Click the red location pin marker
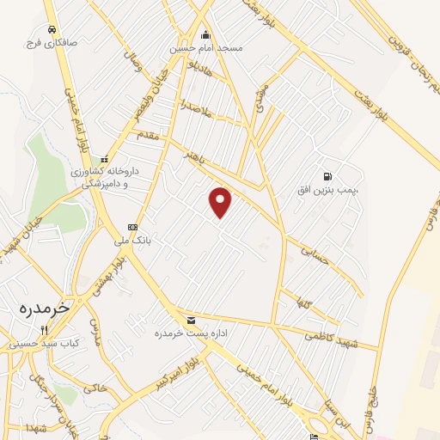click(221, 201)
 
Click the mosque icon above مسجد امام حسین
click(205, 35)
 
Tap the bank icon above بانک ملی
click(132, 227)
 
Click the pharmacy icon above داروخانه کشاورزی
click(105, 159)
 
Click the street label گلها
click(302, 303)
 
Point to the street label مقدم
click(149, 135)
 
